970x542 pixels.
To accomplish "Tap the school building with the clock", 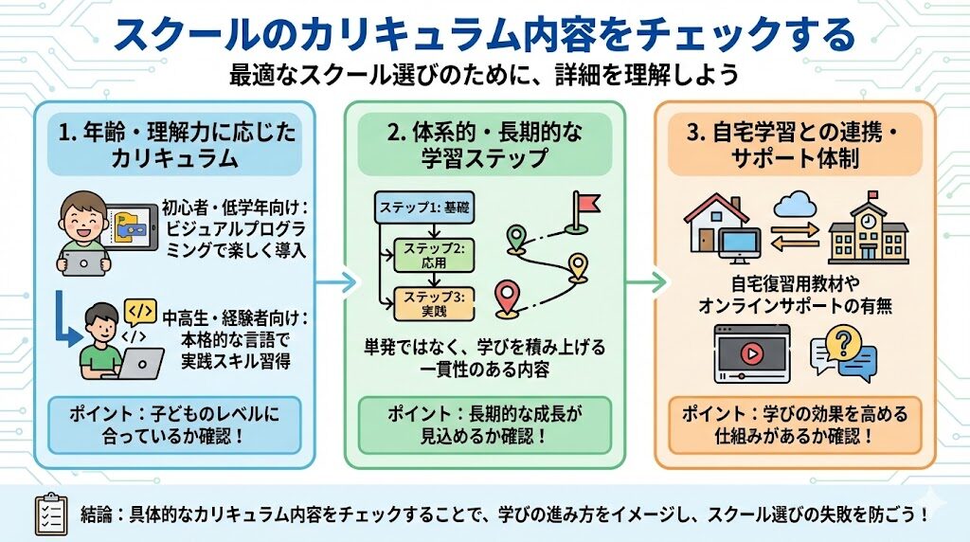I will click(x=868, y=230).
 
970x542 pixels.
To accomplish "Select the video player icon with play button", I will click(x=752, y=352).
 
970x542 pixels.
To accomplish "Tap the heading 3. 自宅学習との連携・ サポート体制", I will click(x=794, y=145).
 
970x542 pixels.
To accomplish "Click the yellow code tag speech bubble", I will click(x=139, y=312).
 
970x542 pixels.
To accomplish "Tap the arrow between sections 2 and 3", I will click(x=649, y=281).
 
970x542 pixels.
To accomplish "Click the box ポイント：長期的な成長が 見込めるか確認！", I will click(x=485, y=425).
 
